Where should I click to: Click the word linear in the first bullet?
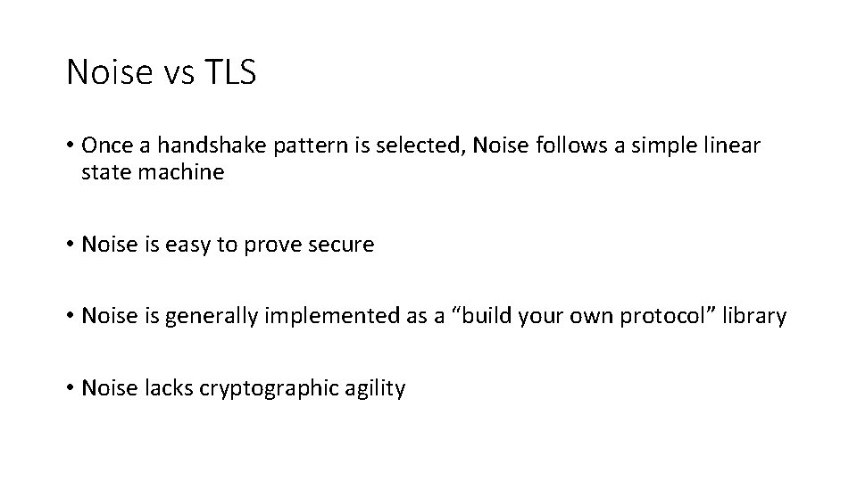click(x=734, y=145)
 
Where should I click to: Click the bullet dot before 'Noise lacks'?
click(x=70, y=389)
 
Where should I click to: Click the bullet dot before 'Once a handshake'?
click(x=70, y=145)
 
